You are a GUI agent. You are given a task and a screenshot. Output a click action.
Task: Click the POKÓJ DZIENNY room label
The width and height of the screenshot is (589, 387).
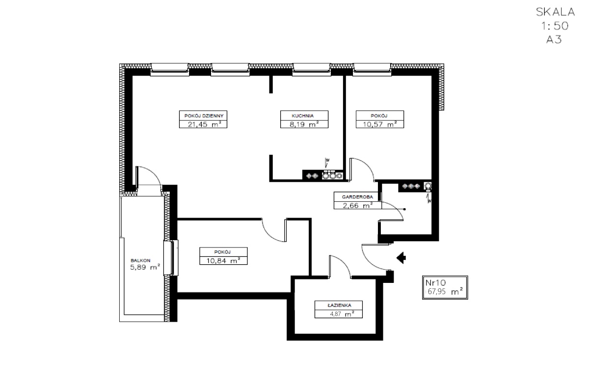tap(204, 116)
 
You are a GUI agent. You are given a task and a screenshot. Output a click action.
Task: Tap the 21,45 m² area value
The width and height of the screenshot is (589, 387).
tap(204, 124)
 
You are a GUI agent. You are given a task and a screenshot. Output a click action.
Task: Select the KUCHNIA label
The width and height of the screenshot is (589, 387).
tap(303, 116)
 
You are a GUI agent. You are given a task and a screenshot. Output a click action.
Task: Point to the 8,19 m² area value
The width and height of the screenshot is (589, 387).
tap(304, 124)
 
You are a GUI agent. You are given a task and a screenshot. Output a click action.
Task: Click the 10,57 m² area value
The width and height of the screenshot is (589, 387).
tap(380, 124)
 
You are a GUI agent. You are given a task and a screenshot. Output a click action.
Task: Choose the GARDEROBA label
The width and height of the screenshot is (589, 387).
tap(357, 197)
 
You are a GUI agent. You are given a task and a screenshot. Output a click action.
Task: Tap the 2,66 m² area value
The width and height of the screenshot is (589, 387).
tap(358, 205)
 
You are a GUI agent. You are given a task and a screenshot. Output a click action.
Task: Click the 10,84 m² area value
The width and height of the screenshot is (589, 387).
tap(223, 261)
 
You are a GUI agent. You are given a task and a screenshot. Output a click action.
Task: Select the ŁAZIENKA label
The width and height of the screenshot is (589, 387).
tap(340, 305)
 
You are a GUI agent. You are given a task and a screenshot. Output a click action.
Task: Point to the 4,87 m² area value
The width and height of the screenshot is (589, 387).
tap(342, 314)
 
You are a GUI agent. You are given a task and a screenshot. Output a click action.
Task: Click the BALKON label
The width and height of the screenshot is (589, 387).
tap(140, 260)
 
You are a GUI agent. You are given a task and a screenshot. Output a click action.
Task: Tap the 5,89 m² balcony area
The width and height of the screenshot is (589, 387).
tap(145, 267)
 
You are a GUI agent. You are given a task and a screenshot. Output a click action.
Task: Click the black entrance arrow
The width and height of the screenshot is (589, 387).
tap(402, 257)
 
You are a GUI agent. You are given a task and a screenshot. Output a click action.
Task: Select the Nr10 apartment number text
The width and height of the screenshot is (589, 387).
tap(435, 282)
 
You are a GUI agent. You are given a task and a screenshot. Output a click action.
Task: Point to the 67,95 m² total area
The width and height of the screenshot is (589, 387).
tap(445, 292)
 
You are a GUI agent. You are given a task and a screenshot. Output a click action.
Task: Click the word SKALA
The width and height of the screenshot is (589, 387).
tap(555, 12)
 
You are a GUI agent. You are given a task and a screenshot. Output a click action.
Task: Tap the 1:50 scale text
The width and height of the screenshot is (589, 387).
tap(555, 26)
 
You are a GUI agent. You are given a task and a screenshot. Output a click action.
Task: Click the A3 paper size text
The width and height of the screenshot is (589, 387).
tap(554, 39)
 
